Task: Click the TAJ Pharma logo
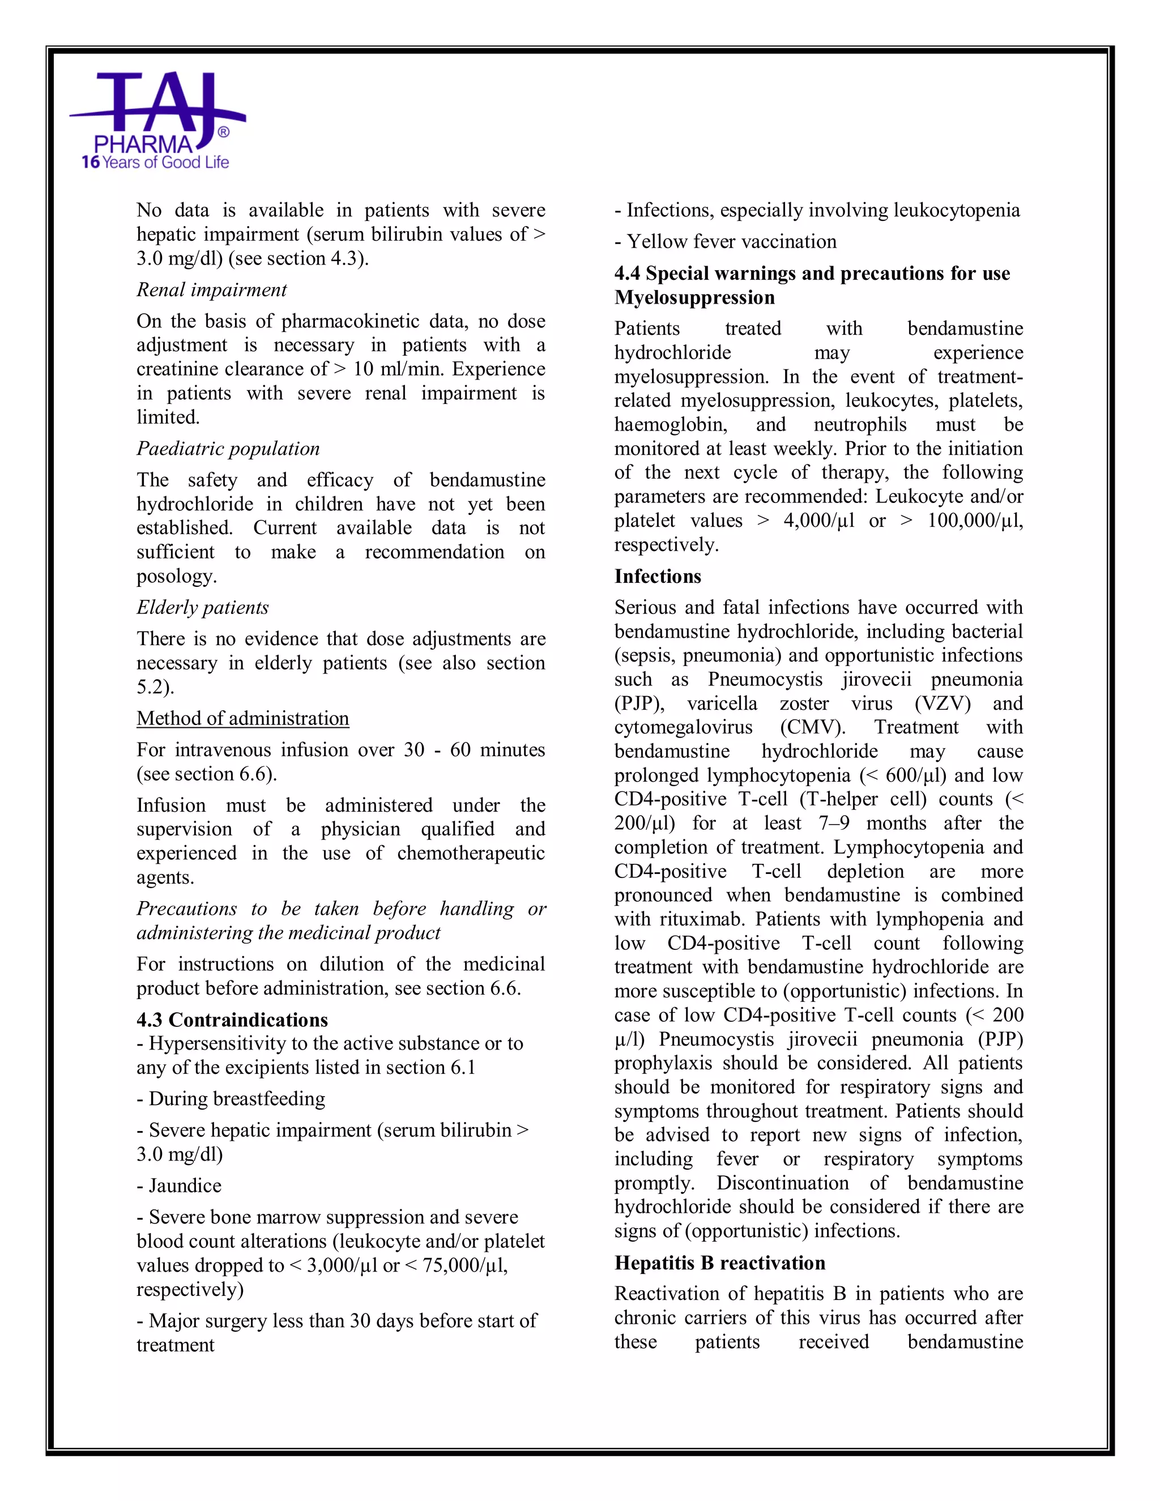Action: [x=157, y=113]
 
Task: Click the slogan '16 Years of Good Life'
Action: [x=155, y=163]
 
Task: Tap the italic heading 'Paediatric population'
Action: [x=228, y=449]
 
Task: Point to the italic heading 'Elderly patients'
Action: [x=202, y=608]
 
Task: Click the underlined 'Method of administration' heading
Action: [x=242, y=718]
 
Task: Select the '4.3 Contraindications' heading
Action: [x=232, y=1020]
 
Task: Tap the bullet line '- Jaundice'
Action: [x=178, y=1186]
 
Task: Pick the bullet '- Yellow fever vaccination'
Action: [x=725, y=242]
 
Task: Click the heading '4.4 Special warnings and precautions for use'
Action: [x=812, y=274]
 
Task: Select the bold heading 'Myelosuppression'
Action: [x=694, y=297]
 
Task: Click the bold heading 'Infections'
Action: [x=657, y=577]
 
